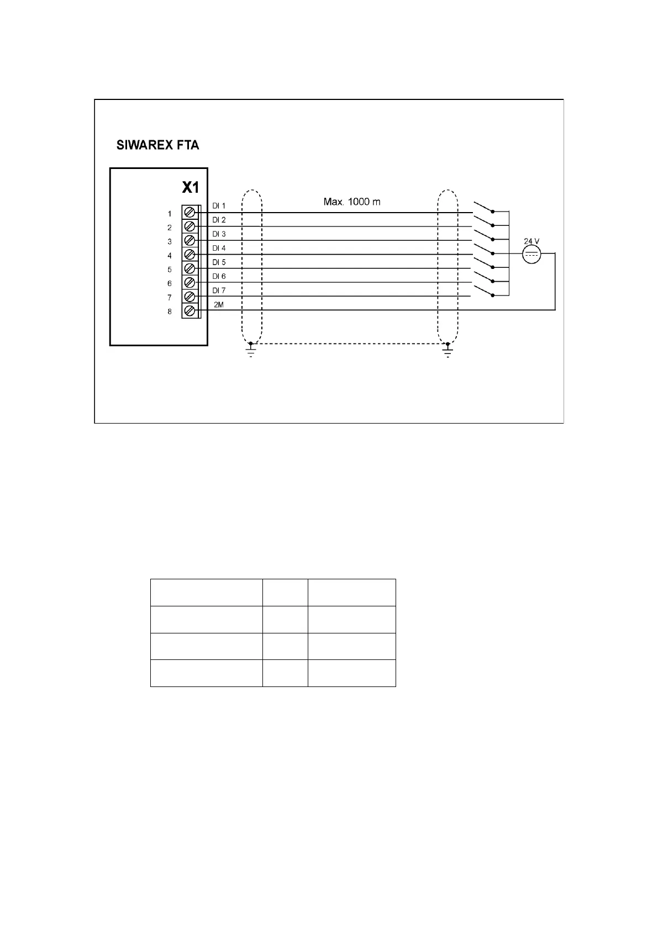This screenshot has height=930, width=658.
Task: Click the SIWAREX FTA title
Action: (157, 146)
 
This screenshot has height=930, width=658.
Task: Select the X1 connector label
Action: (190, 188)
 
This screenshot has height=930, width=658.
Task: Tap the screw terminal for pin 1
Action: (189, 213)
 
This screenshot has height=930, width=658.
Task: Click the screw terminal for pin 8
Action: (189, 311)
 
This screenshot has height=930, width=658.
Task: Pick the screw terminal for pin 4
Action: (189, 255)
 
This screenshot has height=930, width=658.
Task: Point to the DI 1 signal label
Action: (219, 206)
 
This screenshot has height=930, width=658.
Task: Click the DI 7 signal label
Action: (219, 290)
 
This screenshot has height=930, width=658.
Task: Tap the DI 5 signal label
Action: (219, 262)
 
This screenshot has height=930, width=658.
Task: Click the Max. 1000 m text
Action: (351, 202)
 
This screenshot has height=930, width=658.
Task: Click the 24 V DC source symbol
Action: (531, 255)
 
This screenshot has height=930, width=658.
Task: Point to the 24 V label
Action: (531, 241)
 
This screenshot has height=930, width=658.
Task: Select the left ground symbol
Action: (251, 351)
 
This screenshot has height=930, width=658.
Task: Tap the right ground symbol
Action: (448, 351)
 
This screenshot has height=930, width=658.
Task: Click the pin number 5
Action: (170, 270)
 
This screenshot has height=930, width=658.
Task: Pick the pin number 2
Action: (170, 228)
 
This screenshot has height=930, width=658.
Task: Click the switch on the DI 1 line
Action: (483, 208)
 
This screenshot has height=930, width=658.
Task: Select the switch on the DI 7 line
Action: (483, 292)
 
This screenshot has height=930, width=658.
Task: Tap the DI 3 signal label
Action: (219, 234)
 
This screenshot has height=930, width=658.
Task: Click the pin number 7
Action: (170, 298)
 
